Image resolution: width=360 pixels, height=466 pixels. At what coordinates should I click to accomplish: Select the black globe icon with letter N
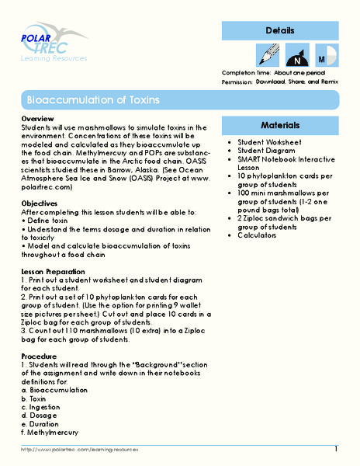pyautogui.click(x=296, y=57)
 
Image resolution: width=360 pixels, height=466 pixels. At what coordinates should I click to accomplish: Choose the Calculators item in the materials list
pyautogui.click(x=264, y=235)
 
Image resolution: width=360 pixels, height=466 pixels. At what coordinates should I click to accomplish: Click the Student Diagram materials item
pyautogui.click(x=270, y=151)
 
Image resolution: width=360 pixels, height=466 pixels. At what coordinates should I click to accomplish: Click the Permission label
pyautogui.click(x=237, y=82)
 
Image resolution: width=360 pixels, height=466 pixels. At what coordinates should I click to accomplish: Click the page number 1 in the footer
pyautogui.click(x=336, y=449)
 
